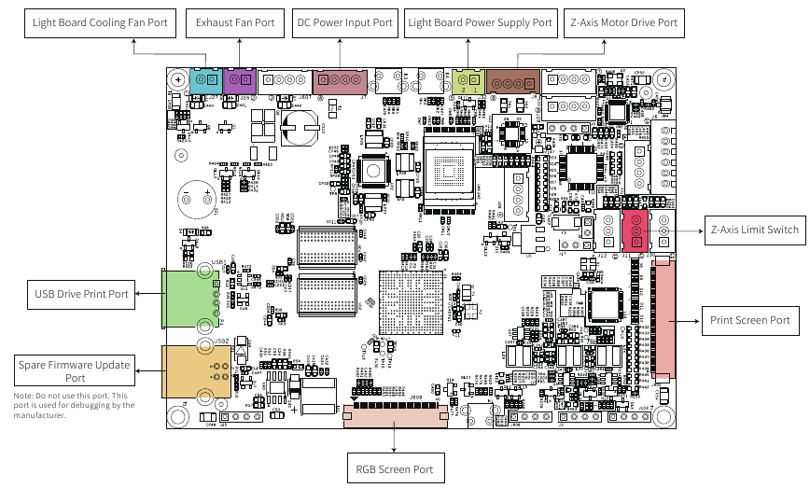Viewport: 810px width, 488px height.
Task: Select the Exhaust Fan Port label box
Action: point(236,22)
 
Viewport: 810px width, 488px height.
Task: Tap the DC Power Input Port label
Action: point(344,22)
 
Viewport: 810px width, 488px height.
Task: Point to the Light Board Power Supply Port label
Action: point(481,22)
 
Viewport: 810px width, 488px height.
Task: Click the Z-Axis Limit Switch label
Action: point(754,230)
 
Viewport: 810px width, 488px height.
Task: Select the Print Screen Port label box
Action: point(749,320)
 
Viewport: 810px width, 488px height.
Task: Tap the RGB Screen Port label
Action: point(394,468)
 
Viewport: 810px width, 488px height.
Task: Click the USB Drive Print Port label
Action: point(80,295)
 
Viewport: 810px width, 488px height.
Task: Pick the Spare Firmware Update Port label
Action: point(76,370)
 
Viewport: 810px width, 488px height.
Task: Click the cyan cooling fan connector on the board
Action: point(202,83)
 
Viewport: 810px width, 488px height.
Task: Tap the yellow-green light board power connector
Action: point(468,84)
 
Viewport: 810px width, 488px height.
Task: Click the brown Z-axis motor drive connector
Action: point(512,84)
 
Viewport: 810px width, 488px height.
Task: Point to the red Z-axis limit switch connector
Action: point(636,230)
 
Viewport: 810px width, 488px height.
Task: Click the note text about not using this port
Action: point(75,405)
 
